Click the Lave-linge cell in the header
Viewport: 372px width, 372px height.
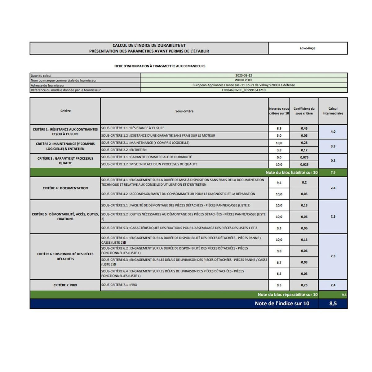[x=308, y=48]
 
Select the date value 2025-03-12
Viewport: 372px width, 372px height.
[x=244, y=75]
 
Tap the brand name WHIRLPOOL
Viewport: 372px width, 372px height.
[x=244, y=80]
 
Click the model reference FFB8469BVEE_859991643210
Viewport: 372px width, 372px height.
[x=244, y=90]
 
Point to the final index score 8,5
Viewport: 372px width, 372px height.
[x=333, y=303]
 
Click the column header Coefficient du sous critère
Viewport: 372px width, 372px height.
[x=304, y=111]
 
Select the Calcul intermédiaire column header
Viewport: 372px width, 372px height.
[x=333, y=111]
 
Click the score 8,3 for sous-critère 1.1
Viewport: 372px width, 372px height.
[x=279, y=128]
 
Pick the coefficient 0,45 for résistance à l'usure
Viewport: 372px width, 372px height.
[x=304, y=128]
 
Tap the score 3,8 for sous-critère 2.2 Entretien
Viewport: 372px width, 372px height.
[x=279, y=150]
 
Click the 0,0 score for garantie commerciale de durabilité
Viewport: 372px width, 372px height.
[x=279, y=157]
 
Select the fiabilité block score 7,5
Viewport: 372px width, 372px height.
[x=333, y=172]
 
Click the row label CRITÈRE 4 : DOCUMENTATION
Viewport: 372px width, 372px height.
[x=65, y=188]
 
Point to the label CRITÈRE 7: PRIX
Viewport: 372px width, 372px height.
[x=65, y=285]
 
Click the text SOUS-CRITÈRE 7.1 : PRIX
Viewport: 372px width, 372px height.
[x=119, y=285]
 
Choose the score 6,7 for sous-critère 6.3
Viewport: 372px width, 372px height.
[x=279, y=263]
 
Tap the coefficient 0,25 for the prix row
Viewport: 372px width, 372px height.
[x=304, y=285]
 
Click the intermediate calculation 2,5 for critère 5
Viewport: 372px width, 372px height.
[x=333, y=216]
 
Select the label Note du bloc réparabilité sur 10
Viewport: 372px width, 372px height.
[x=288, y=294]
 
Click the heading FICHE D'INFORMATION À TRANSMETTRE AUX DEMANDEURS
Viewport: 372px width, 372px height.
[x=160, y=66]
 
